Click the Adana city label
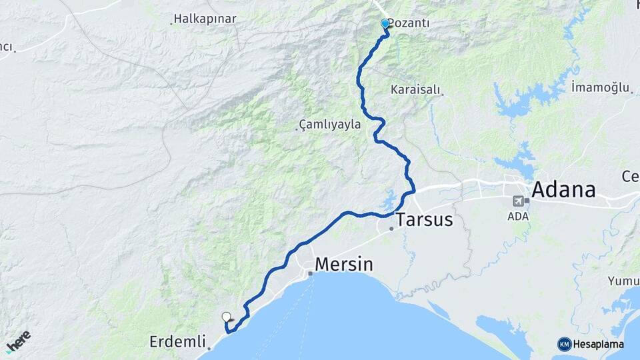coord(564,190)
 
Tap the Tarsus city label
coord(425,220)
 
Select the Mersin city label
coord(343,264)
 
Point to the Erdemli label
coord(177,342)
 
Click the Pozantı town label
coord(409,23)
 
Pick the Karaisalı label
coord(417,89)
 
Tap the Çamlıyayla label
coord(330,124)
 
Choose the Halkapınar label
coord(205,19)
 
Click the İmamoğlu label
coord(600,87)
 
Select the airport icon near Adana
coord(518,201)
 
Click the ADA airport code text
coord(518,216)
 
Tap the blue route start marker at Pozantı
coord(385,24)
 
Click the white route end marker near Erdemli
coord(226,317)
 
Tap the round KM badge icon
coord(564,344)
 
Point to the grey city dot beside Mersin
coord(310,273)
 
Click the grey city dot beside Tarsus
coord(391,229)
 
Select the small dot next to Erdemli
coord(209,348)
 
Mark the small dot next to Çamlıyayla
coord(297,129)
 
